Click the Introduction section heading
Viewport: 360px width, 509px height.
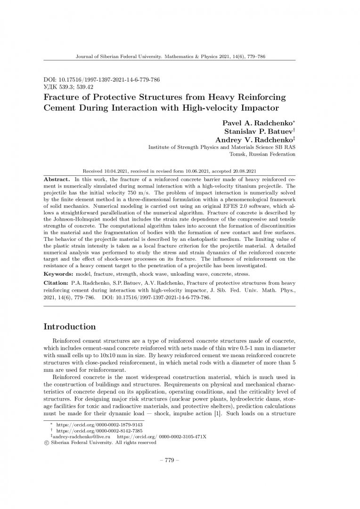pyautogui.click(x=69, y=327)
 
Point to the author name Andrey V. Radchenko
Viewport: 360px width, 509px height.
pyautogui.click(x=254, y=140)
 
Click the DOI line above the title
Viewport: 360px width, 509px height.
pyautogui.click(x=101, y=80)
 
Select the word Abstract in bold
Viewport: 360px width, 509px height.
pyautogui.click(x=57, y=180)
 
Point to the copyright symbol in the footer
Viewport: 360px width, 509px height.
pyautogui.click(x=46, y=443)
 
